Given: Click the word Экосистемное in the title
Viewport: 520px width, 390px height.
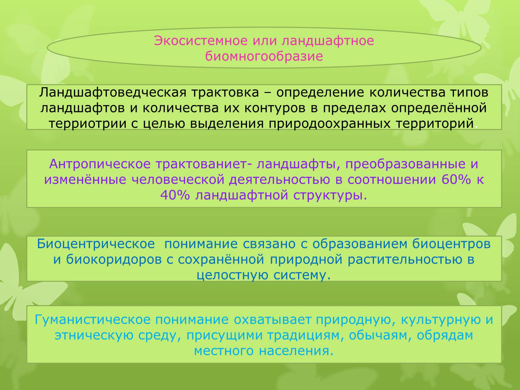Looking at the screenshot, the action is coord(201,41).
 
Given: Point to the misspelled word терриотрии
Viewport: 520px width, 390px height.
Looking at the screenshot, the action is coord(87,124).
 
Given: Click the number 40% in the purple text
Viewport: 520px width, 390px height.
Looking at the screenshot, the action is coord(175,195).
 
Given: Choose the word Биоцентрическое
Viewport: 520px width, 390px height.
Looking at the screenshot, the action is coord(96,244).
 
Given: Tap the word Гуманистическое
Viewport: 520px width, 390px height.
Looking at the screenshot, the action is coord(93,320).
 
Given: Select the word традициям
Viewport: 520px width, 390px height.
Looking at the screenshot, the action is coord(306,336).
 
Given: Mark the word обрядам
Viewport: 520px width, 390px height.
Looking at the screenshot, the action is coord(445,336).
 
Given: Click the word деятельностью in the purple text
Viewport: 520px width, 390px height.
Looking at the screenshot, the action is coord(279,180).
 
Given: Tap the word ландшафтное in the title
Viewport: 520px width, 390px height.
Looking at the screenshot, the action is coord(328,41).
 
